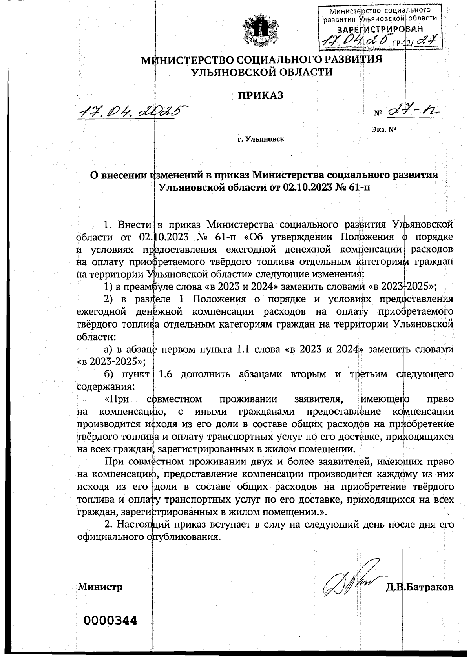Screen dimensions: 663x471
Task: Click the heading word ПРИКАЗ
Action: click(x=260, y=96)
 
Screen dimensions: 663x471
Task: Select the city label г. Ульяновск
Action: click(x=261, y=139)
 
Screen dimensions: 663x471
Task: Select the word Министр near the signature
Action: click(x=100, y=587)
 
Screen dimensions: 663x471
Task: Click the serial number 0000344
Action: click(x=110, y=621)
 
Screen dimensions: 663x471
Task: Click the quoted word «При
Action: click(x=117, y=399)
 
